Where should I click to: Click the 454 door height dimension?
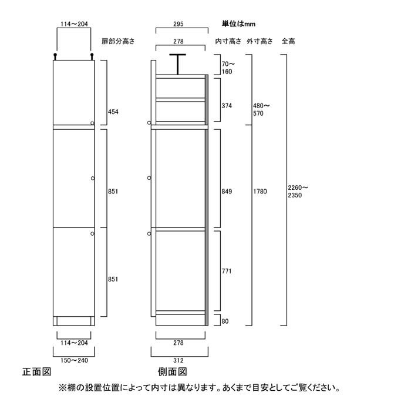click(x=113, y=112)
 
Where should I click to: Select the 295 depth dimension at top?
click(x=178, y=24)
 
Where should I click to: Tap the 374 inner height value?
click(x=227, y=106)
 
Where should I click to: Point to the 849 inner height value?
click(x=227, y=192)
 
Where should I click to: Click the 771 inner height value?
click(x=227, y=271)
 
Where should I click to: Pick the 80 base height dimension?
click(x=225, y=321)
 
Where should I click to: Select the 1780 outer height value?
click(x=260, y=192)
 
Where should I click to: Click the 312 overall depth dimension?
click(x=178, y=360)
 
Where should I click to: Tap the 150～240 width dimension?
click(x=74, y=360)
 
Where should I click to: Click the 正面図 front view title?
click(x=36, y=372)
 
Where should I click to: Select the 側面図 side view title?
click(x=173, y=372)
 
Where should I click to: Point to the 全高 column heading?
click(x=288, y=41)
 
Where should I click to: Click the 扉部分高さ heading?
click(x=118, y=41)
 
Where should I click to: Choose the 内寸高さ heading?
click(x=228, y=41)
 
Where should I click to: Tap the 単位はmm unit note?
click(x=238, y=24)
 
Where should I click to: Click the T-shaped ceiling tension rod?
click(x=178, y=64)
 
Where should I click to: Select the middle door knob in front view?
click(x=93, y=179)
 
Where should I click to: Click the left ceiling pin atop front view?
click(x=55, y=56)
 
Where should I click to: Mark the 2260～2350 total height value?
click(x=298, y=192)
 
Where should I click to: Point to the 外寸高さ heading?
click(x=260, y=41)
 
